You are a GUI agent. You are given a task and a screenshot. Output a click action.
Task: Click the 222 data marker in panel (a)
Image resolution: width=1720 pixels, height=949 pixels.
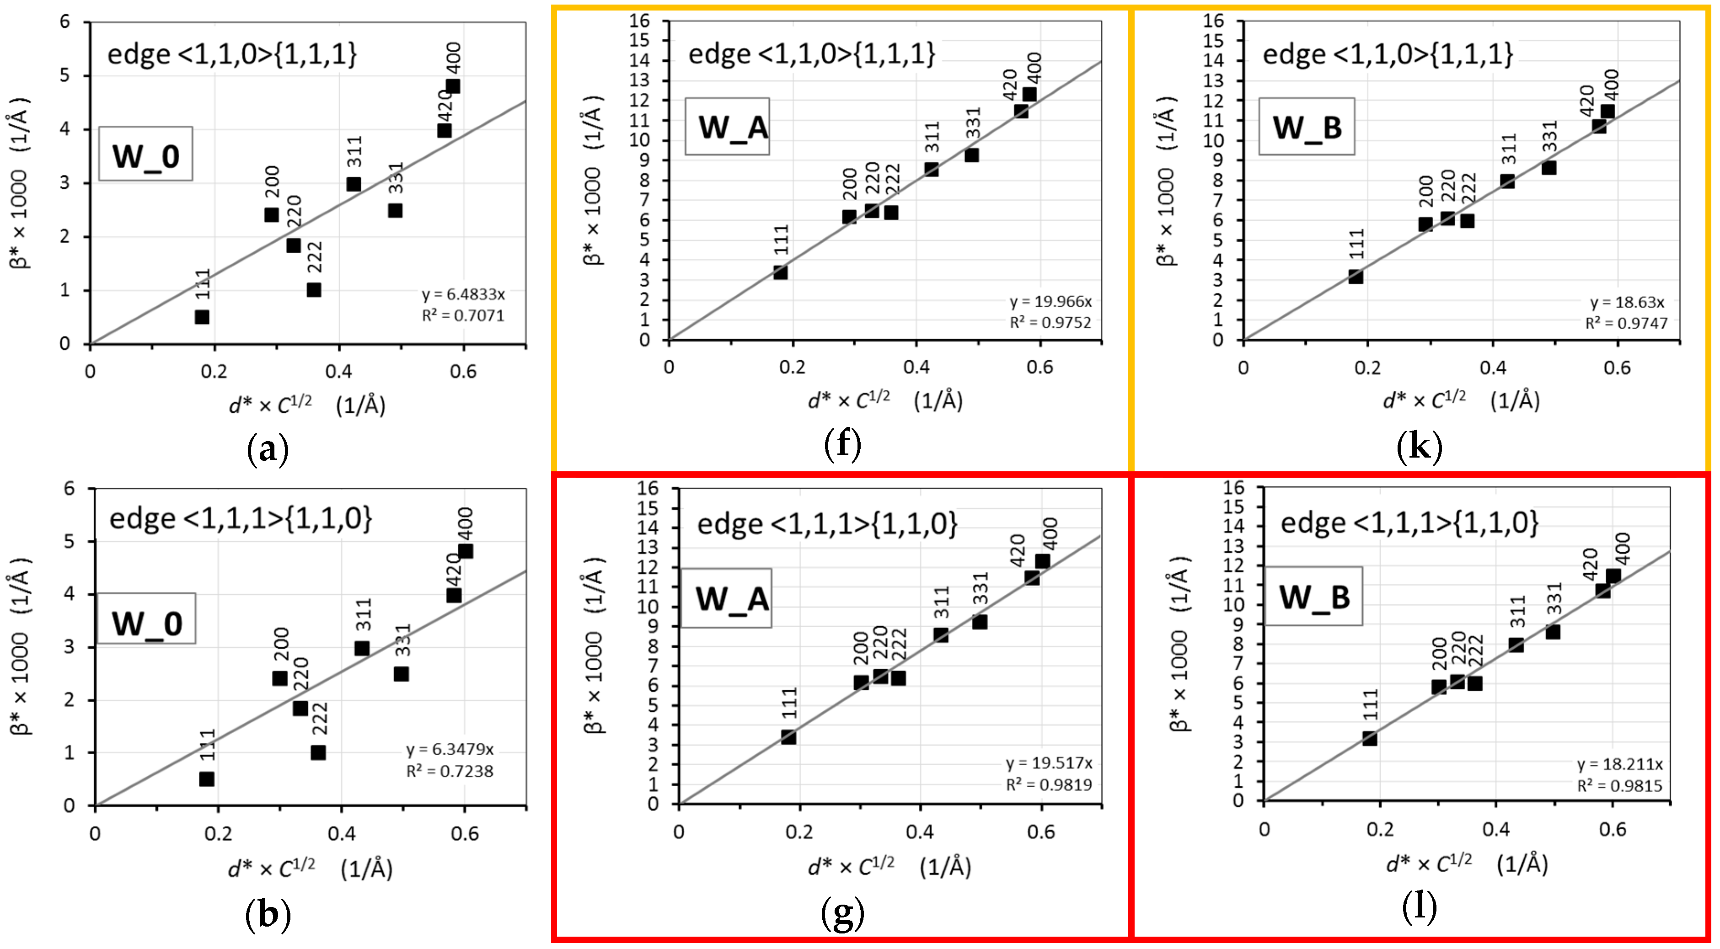coord(314,290)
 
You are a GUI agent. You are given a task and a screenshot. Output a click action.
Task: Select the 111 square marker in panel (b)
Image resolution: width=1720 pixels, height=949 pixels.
coord(207,779)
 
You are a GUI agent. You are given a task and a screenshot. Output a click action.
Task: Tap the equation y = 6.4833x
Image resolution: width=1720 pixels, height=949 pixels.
coord(463,294)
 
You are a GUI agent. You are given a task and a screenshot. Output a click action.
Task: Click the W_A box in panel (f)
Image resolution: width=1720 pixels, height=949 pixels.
coord(727,127)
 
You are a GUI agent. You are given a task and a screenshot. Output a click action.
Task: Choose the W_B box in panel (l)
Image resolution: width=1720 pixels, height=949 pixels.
coord(1313,596)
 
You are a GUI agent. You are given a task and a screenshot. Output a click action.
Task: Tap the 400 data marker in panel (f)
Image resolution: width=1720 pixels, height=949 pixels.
coord(1029,94)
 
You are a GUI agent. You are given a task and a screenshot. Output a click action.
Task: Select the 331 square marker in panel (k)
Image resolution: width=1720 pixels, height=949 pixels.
coord(1549,167)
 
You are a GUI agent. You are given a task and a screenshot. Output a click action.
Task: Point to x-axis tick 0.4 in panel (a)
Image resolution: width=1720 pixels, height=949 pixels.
coord(338,371)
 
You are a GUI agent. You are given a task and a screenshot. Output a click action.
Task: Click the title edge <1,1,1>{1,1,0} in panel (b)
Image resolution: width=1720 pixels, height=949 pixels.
coord(241,518)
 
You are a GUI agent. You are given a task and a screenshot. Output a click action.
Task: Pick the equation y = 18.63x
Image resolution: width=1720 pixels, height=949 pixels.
coord(1627,302)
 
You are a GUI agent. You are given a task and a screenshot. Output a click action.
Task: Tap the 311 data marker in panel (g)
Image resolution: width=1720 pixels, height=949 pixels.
coord(941,634)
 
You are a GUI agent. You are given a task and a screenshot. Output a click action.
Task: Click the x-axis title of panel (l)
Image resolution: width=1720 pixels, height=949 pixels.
coord(1466,864)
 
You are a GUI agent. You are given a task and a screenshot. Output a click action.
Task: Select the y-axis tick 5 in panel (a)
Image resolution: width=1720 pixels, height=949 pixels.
coord(65,75)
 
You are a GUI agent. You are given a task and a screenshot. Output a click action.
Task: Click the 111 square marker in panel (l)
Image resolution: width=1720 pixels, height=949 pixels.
coord(1369,738)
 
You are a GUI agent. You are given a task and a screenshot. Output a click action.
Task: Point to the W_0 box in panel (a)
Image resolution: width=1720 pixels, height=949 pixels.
coord(145,154)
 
